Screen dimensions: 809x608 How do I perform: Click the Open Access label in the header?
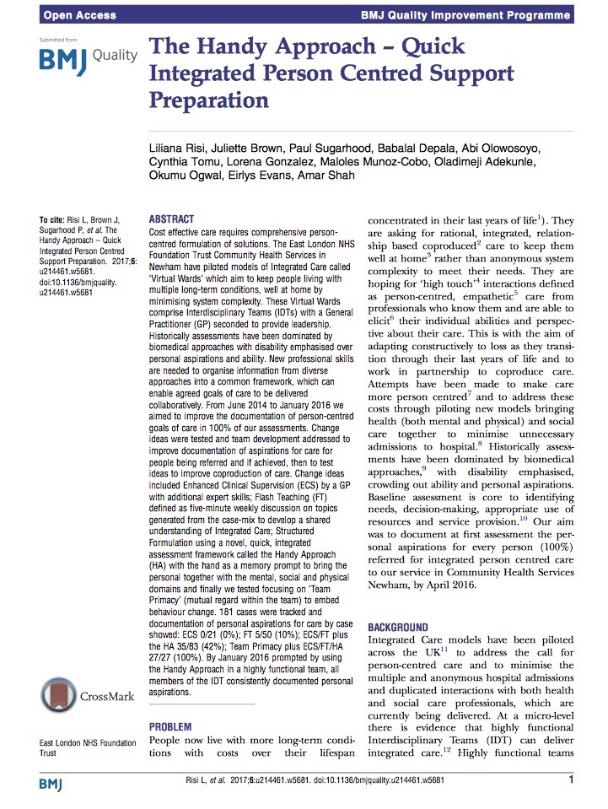[x=73, y=14]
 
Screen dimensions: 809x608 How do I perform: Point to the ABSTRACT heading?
[x=171, y=218]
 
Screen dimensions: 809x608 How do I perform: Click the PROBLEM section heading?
[x=169, y=726]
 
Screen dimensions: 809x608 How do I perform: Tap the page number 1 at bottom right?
[x=571, y=779]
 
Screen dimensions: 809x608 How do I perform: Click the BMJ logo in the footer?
[x=53, y=785]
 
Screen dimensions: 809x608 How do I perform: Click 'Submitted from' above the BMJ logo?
[x=58, y=39]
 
